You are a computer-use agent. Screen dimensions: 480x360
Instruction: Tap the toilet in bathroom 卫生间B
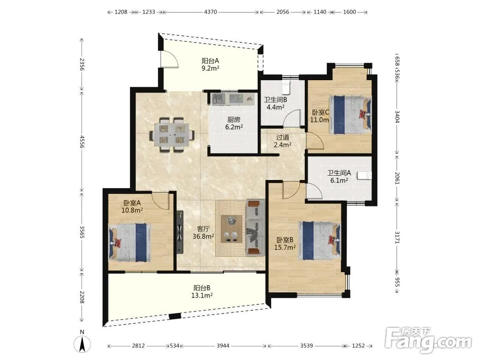point(286,87)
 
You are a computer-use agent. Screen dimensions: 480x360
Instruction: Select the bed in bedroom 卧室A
point(130,242)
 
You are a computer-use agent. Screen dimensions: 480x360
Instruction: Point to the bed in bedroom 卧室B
point(320,240)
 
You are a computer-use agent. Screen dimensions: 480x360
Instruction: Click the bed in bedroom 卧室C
point(350,115)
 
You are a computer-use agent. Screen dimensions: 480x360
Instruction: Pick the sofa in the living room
point(255,227)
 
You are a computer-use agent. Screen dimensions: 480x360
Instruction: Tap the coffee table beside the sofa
point(231,229)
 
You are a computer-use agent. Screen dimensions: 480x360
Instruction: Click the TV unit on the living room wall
point(180,232)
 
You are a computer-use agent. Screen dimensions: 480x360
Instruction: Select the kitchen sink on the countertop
point(219,98)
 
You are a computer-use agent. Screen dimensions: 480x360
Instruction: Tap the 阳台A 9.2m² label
point(210,65)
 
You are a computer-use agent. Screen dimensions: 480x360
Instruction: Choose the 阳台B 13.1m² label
point(202,292)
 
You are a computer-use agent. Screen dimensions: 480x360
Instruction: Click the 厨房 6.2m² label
point(234,123)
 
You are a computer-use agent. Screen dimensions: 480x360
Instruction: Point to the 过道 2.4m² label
point(282,141)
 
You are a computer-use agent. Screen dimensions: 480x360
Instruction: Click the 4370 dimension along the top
point(210,12)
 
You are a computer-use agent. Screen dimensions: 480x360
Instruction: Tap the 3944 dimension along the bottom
point(223,346)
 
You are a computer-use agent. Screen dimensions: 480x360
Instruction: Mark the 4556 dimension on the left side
point(82,142)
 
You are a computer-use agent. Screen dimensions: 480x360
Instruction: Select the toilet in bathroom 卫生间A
point(365,175)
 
